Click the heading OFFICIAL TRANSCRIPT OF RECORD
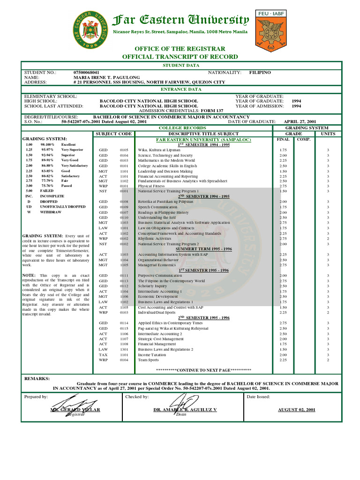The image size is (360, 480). [x=180, y=57]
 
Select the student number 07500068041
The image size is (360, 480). [x=87, y=73]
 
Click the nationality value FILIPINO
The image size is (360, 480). [x=260, y=73]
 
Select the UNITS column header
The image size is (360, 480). [x=328, y=134]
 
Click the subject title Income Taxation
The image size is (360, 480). [x=152, y=355]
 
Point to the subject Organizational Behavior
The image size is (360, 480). [x=158, y=260]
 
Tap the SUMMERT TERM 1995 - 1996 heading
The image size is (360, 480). [x=204, y=249]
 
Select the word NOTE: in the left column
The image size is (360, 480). [x=29, y=275]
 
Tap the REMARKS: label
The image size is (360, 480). [x=36, y=377]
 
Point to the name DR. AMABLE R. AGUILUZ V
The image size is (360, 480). [x=185, y=410]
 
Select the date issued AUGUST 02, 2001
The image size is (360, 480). [x=296, y=410]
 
